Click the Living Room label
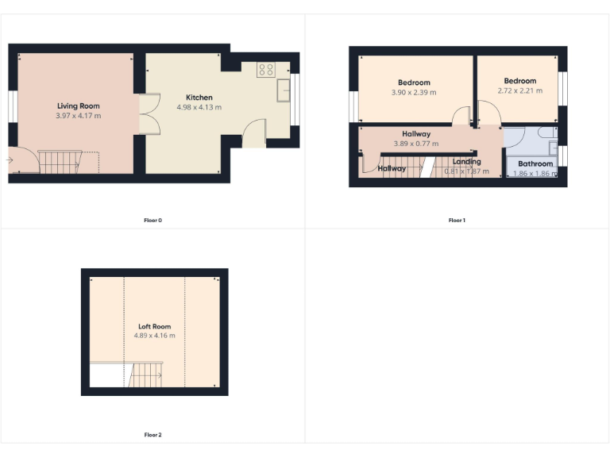click(x=79, y=106)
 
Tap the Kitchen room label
click(x=199, y=98)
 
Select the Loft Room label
click(x=154, y=326)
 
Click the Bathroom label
click(x=535, y=164)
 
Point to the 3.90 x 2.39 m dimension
click(x=414, y=92)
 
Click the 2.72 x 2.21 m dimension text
click(x=519, y=90)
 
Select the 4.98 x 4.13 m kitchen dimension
click(x=199, y=107)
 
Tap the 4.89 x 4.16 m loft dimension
click(x=154, y=336)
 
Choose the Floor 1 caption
click(x=457, y=220)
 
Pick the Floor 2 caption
click(x=153, y=435)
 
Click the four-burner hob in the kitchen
click(x=265, y=70)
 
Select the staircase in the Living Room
click(x=60, y=162)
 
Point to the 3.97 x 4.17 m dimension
click(x=79, y=116)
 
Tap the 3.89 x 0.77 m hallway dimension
click(x=416, y=144)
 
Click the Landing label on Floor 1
click(x=466, y=162)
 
